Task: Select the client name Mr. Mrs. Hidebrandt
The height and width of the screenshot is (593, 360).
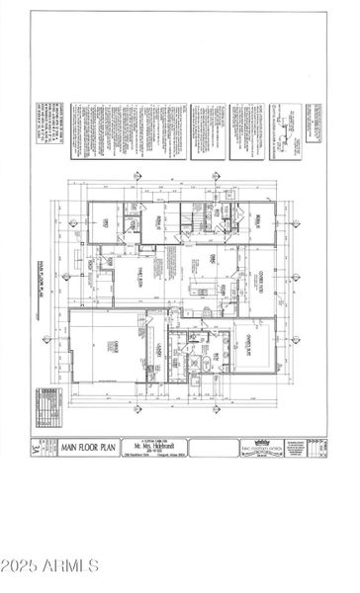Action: (x=149, y=445)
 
